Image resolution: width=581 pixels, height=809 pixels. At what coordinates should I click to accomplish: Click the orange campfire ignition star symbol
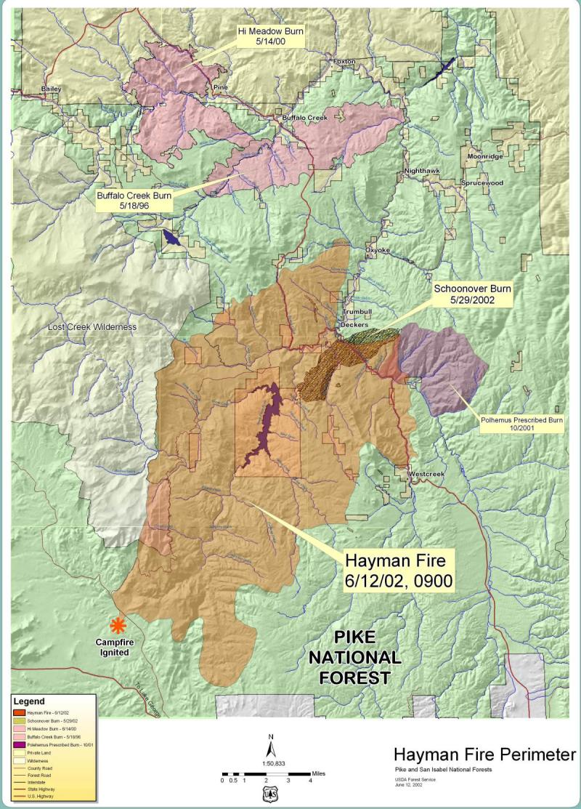(116, 624)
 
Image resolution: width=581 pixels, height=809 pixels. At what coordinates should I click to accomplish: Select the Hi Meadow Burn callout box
(270, 38)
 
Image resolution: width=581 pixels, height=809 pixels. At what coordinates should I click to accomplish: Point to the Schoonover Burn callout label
(473, 294)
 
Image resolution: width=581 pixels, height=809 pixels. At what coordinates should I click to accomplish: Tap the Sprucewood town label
(484, 183)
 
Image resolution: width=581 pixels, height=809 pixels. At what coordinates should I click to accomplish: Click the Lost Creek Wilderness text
(92, 327)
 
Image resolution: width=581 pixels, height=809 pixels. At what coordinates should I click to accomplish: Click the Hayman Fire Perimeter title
(484, 754)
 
